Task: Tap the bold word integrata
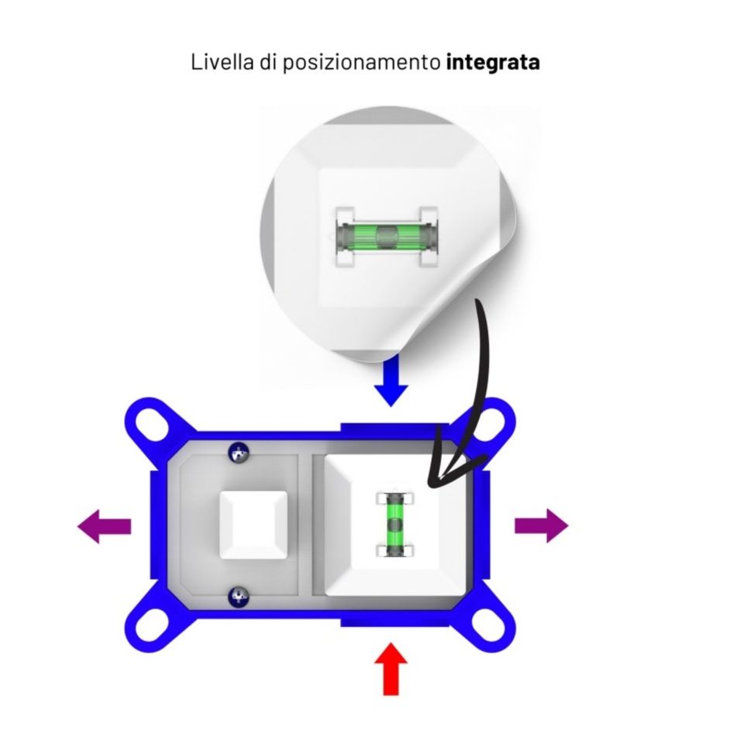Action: tap(493, 63)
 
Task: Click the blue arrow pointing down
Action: tap(392, 382)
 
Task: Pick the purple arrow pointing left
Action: tap(105, 527)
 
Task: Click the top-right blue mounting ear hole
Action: tap(488, 425)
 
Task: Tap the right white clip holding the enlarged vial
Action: tap(428, 235)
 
